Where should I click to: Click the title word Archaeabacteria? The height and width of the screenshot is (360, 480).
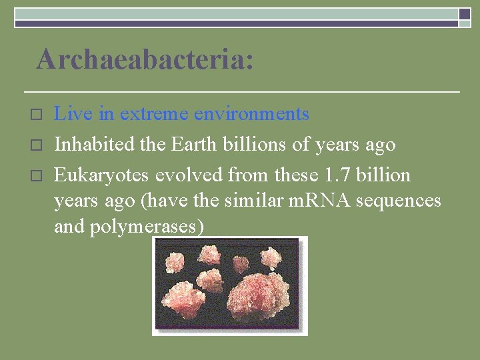(x=145, y=59)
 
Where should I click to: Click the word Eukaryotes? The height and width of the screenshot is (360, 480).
(x=102, y=175)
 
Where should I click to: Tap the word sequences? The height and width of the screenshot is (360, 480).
(x=403, y=201)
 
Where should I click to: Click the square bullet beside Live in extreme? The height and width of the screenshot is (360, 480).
(x=37, y=115)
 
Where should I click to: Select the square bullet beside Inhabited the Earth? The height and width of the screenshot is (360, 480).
(x=37, y=145)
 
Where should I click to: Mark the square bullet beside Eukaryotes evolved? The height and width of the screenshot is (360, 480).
(x=37, y=176)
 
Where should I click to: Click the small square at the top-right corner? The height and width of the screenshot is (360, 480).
(x=464, y=14)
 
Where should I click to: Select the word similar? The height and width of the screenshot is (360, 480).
(x=259, y=201)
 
